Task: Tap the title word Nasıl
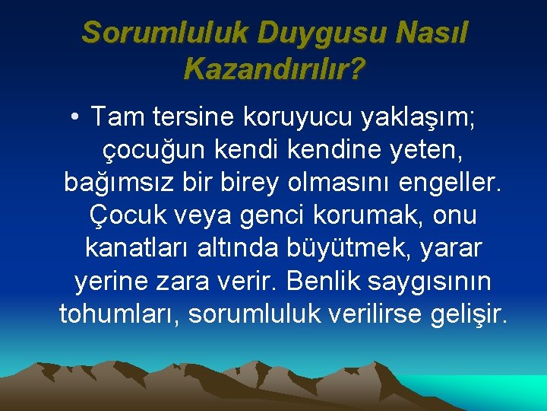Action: [x=433, y=33]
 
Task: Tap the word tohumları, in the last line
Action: [x=119, y=314]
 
